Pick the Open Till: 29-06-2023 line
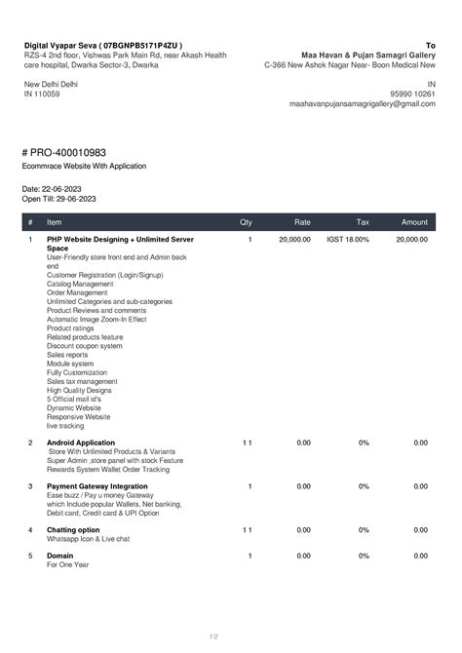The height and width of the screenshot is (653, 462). point(58,198)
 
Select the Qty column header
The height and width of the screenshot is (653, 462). point(246,222)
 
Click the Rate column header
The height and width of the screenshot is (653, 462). point(303,222)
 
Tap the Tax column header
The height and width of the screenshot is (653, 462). point(363,222)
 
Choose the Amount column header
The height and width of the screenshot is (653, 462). point(414,222)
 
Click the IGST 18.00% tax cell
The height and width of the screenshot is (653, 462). point(348,239)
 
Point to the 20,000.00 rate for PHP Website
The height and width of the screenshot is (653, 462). point(294,239)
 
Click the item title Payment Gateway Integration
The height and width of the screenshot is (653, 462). point(97,485)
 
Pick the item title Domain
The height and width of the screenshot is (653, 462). point(60,556)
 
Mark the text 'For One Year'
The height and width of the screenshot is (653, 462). point(67,564)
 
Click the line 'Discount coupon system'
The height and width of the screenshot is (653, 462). point(84,345)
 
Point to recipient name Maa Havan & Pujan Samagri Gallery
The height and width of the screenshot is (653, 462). point(368,56)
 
